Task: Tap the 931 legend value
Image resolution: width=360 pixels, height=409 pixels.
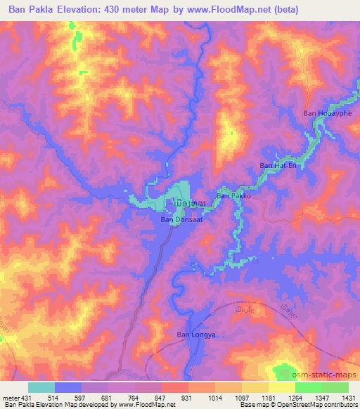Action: pyautogui.click(x=186, y=398)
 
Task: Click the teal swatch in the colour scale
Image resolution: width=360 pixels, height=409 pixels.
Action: pyautogui.click(x=41, y=387)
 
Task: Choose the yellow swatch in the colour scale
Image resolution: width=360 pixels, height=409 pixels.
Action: pyautogui.click(x=282, y=387)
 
